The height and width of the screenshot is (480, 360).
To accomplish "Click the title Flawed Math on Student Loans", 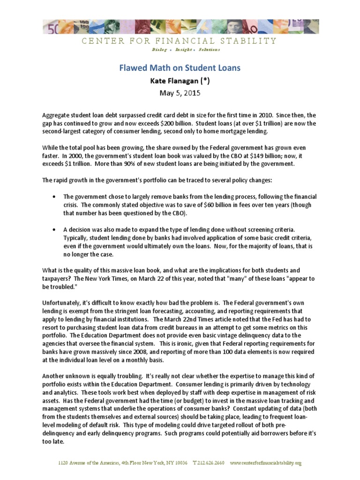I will [180, 68].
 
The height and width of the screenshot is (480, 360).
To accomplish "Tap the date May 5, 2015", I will [180, 93].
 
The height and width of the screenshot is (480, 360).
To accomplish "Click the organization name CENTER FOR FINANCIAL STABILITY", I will [180, 41].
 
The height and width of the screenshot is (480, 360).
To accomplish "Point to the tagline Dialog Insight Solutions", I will [180, 50].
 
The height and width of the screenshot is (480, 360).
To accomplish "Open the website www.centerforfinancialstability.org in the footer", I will [266, 463].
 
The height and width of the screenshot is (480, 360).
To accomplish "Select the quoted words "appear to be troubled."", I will [281, 282].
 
